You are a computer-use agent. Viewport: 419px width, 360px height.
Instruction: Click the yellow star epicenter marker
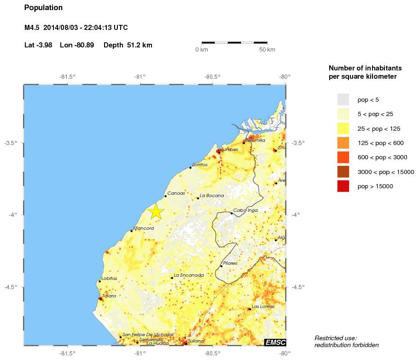[x=156, y=211]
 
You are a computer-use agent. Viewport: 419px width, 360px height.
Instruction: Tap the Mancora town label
[x=144, y=228]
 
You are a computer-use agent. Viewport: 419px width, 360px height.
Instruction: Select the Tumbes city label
[x=229, y=150]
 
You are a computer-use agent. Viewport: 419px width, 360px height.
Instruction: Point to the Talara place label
[x=109, y=296]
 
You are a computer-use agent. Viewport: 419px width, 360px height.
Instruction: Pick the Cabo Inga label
[x=245, y=210]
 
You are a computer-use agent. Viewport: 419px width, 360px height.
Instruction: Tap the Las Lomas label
[x=263, y=307]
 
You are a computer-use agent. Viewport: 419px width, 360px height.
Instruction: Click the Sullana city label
[x=196, y=341]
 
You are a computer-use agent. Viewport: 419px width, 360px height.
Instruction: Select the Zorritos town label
[x=200, y=165]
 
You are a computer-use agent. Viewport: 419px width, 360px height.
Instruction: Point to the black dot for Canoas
[x=165, y=196]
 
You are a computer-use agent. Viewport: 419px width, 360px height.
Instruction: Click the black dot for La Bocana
[x=198, y=198]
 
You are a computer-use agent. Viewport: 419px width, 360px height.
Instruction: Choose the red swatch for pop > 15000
[x=343, y=186]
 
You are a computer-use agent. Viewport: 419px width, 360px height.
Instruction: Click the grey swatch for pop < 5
[x=343, y=99]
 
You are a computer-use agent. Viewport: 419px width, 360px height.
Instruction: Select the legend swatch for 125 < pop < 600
[x=343, y=143]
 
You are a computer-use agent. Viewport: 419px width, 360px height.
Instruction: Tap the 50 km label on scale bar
[x=267, y=50]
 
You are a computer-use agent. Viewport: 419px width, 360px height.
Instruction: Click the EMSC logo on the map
[x=275, y=342]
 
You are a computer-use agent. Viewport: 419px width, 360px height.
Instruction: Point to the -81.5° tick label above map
[x=68, y=77]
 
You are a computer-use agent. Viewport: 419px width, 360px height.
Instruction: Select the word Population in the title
[x=43, y=8]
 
